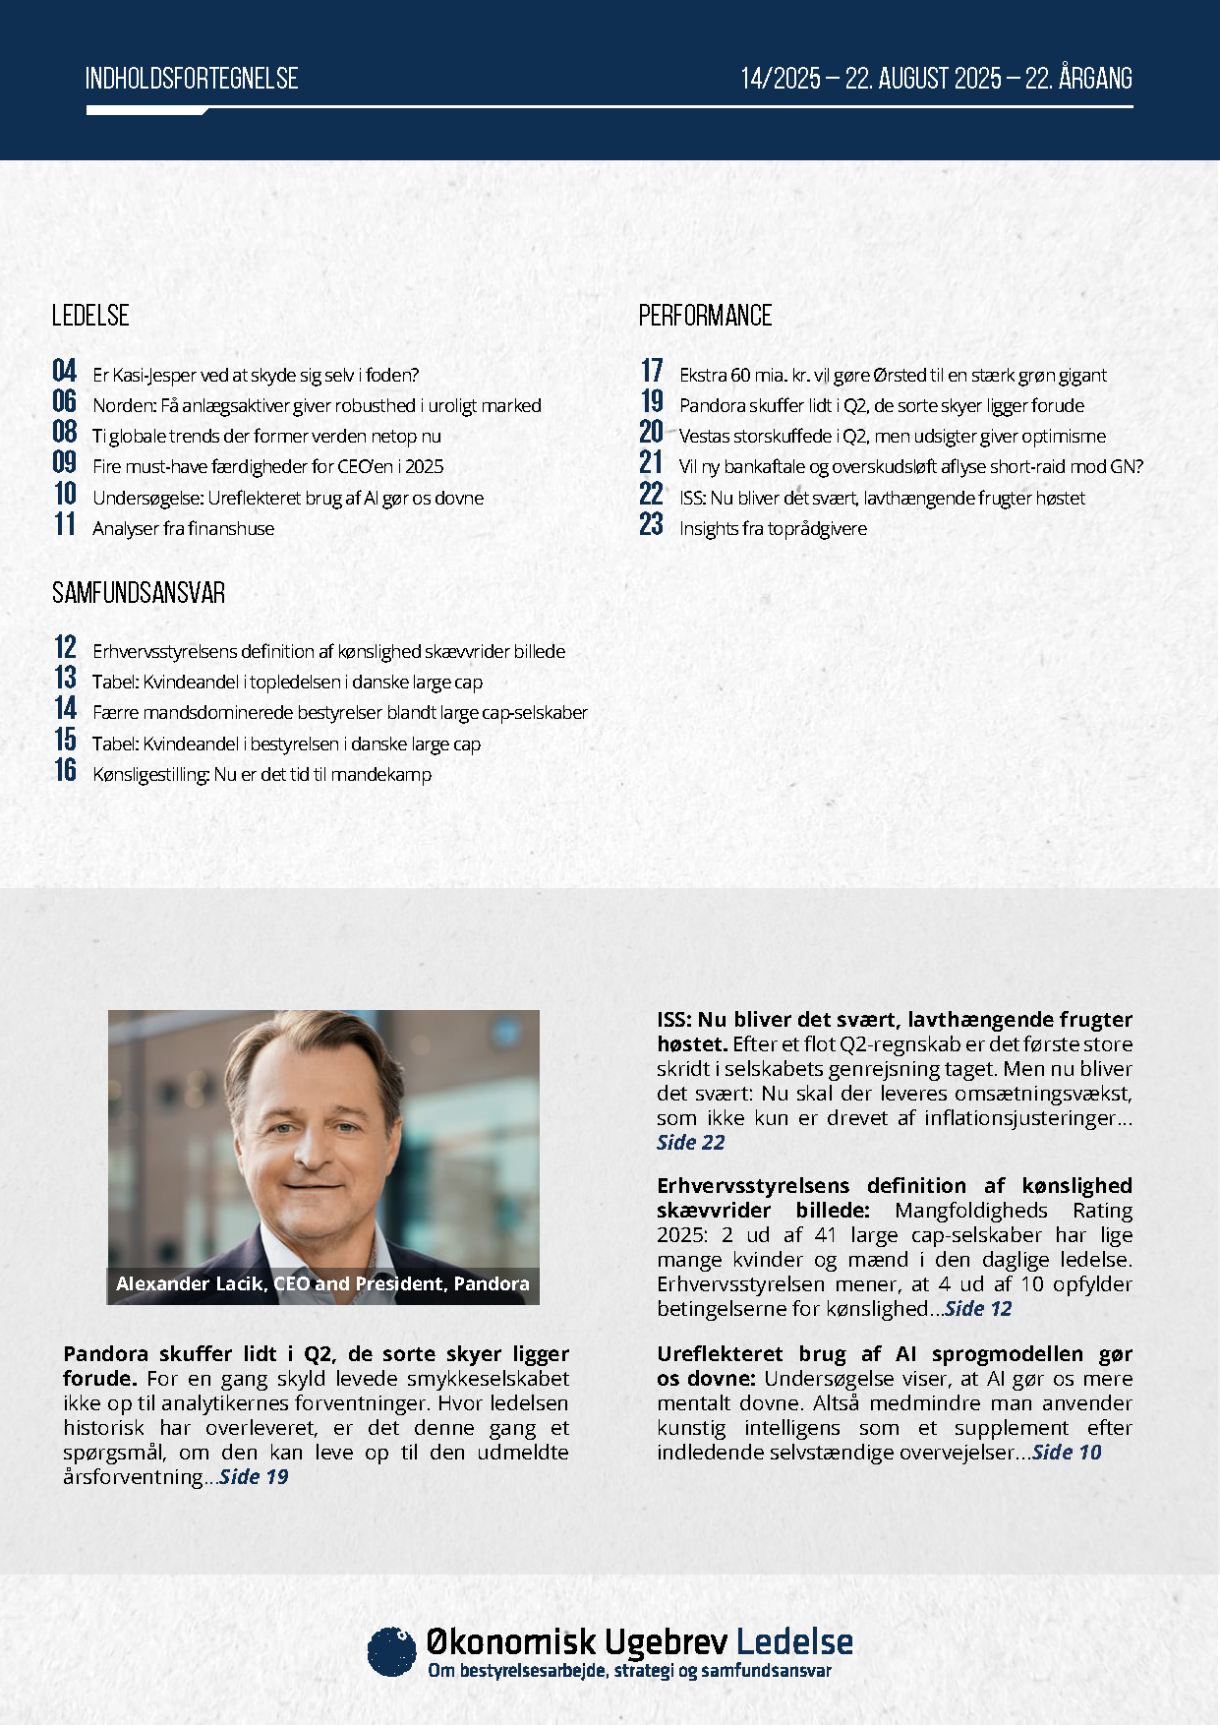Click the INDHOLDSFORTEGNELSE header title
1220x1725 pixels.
pyautogui.click(x=192, y=79)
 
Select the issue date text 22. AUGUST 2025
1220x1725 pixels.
pyautogui.click(x=923, y=79)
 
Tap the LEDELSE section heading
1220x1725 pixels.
pyautogui.click(x=90, y=316)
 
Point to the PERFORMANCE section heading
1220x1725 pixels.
pyautogui.click(x=705, y=316)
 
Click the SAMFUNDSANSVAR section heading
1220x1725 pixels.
pyautogui.click(x=139, y=593)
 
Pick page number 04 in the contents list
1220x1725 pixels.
pyautogui.click(x=65, y=371)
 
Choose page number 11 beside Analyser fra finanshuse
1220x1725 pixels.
pyautogui.click(x=65, y=524)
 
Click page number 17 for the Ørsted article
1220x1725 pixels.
pyautogui.click(x=652, y=371)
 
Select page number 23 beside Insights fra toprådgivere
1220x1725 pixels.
pyautogui.click(x=652, y=524)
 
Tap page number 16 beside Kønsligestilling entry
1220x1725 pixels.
pyautogui.click(x=65, y=770)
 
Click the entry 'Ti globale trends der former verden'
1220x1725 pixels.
pyautogui.click(x=266, y=436)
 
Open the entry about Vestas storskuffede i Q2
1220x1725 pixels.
pyautogui.click(x=892, y=436)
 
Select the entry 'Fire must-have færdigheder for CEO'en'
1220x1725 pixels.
pyautogui.click(x=267, y=466)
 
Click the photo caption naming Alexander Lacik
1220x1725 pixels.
pyautogui.click(x=322, y=1283)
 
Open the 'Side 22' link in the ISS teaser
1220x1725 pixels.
pyautogui.click(x=690, y=1142)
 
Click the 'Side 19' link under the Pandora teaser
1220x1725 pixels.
pyautogui.click(x=254, y=1476)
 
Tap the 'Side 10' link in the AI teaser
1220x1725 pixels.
pyautogui.click(x=1067, y=1452)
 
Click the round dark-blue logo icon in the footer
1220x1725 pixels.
pyautogui.click(x=391, y=1651)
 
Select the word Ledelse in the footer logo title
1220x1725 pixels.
pyautogui.click(x=794, y=1641)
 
